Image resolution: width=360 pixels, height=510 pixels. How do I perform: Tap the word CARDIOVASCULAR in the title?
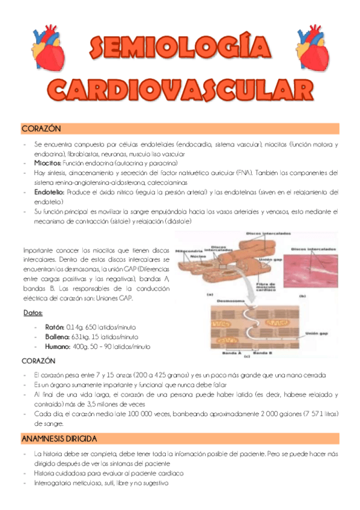180,90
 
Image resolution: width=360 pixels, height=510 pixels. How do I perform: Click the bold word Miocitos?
47,163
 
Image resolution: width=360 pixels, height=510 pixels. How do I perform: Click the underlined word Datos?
33,313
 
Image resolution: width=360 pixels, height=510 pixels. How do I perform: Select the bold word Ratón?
55,327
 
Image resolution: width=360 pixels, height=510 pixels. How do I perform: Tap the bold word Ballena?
58,337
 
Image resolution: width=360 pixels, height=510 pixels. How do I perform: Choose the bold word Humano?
58,347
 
